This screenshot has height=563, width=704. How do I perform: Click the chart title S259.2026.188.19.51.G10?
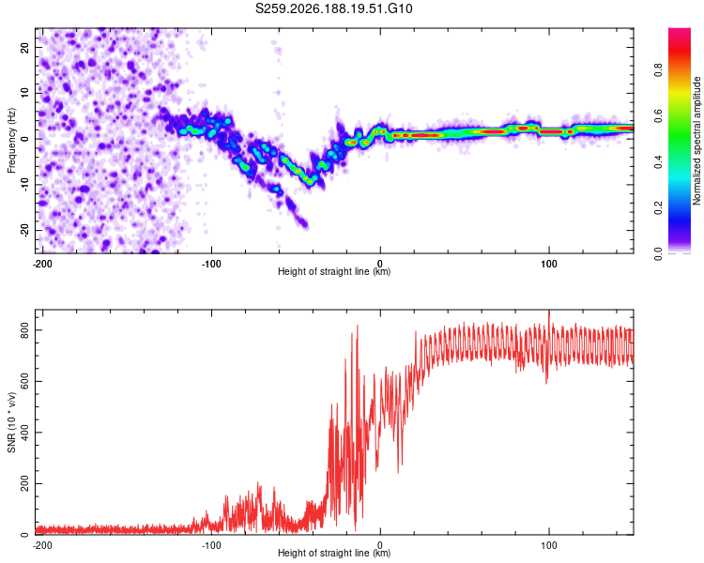tap(333, 8)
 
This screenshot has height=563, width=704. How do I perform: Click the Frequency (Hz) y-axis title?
tap(11, 141)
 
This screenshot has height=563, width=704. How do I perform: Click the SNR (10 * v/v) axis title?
tap(11, 422)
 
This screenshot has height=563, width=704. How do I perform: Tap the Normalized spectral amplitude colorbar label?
tap(696, 141)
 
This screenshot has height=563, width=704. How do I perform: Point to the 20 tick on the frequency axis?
tap(24, 47)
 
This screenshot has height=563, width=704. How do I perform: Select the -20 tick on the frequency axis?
tap(24, 230)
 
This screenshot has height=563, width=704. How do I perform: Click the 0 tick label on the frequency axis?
tap(24, 139)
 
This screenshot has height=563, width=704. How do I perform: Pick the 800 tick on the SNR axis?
tap(24, 330)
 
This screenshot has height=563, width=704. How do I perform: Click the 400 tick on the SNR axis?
tap(24, 433)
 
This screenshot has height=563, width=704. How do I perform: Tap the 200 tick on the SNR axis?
tap(24, 483)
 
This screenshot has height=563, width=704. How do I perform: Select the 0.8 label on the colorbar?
tap(658, 69)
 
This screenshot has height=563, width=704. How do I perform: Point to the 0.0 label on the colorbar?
tap(658, 254)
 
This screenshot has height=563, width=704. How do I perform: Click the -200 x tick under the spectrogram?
tap(42, 264)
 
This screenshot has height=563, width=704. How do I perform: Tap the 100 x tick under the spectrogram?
tap(549, 264)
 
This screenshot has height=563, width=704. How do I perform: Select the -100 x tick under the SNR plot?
tap(211, 545)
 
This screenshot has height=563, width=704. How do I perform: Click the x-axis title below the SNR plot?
tap(334, 553)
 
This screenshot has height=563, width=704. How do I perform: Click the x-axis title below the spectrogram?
tap(334, 271)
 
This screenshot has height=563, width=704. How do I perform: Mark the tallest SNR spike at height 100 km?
tap(549, 311)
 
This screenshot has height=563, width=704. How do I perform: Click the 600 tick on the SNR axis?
tap(24, 381)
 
